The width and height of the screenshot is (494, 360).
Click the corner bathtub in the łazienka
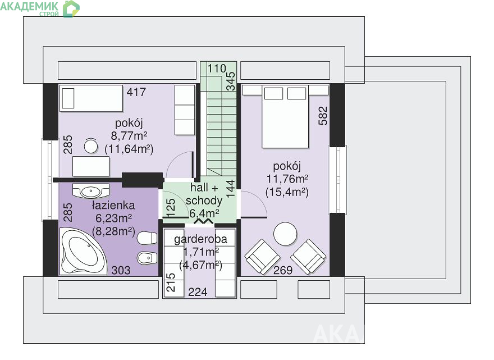pyautogui.click(x=84, y=251)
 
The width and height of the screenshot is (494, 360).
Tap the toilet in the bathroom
pyautogui.click(x=147, y=238)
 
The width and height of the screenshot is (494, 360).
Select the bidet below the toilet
pyautogui.click(x=147, y=258)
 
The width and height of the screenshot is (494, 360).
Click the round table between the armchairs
pyautogui.click(x=285, y=234)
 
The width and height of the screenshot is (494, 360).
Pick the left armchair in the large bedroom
pyautogui.click(x=262, y=256)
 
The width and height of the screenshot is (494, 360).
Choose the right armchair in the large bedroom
pyautogui.click(x=308, y=256)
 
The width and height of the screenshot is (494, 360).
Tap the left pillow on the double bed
pyautogui.click(x=273, y=94)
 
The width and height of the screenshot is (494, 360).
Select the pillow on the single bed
pyautogui.click(x=68, y=98)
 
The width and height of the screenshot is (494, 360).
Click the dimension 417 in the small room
pyautogui.click(x=136, y=92)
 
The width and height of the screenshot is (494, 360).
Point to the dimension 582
pyautogui.click(x=323, y=116)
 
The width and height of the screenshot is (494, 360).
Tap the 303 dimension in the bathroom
pyautogui.click(x=121, y=270)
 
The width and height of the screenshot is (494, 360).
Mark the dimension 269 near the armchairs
pyautogui.click(x=283, y=270)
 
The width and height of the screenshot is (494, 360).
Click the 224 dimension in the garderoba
pyautogui.click(x=198, y=292)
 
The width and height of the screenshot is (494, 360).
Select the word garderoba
pyautogui.click(x=200, y=239)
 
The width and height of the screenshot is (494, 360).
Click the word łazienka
pyautogui.click(x=113, y=205)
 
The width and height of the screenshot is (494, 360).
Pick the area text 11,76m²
pyautogui.click(x=287, y=179)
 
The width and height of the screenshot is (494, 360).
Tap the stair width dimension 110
pyautogui.click(x=217, y=69)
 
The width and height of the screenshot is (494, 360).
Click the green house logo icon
pyautogui.click(x=71, y=8)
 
